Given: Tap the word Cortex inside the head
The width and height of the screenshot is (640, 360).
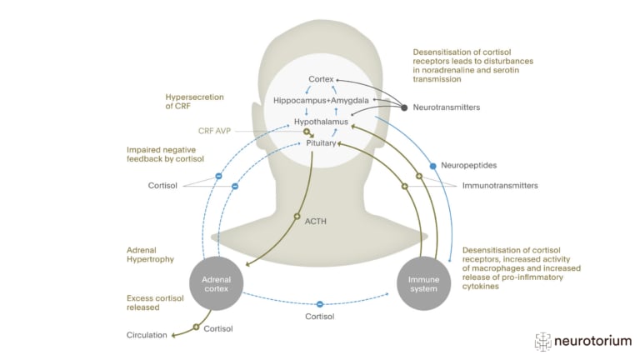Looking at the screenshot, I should (x=321, y=80).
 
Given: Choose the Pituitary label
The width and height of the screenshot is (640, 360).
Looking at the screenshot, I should (x=321, y=143).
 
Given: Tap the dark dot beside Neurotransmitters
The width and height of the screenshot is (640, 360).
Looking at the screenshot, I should (x=405, y=107).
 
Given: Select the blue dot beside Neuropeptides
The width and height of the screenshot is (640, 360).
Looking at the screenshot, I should (x=432, y=166).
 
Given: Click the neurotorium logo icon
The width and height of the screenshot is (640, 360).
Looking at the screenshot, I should (x=543, y=341).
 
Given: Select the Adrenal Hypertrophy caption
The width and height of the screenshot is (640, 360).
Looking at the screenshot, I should (x=151, y=254).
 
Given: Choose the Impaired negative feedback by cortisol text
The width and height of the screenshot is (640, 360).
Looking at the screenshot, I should (x=163, y=155).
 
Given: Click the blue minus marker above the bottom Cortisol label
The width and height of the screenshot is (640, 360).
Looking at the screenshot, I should (x=319, y=302).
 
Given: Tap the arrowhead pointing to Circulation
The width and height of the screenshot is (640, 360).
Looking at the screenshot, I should (x=174, y=336).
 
